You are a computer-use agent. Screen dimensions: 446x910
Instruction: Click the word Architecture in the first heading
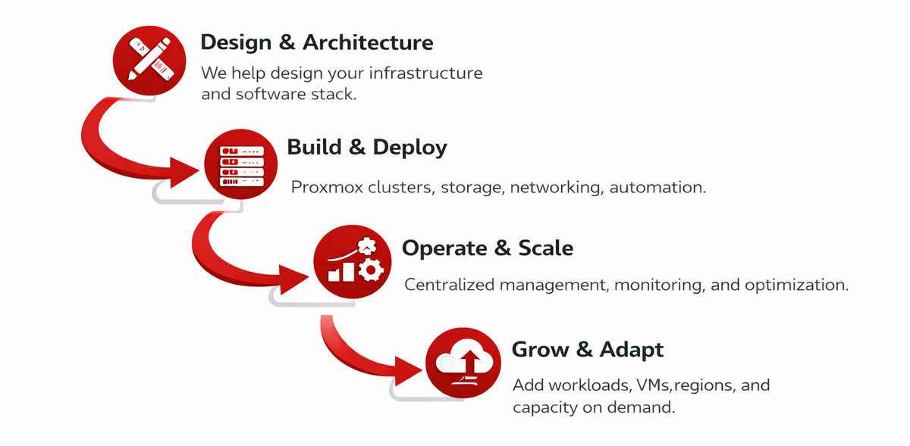tap(368, 42)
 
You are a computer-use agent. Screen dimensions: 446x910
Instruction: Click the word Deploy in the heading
tap(410, 146)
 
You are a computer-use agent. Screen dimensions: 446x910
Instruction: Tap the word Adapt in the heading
tap(632, 349)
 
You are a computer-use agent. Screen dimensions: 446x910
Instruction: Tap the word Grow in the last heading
tap(541, 349)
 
